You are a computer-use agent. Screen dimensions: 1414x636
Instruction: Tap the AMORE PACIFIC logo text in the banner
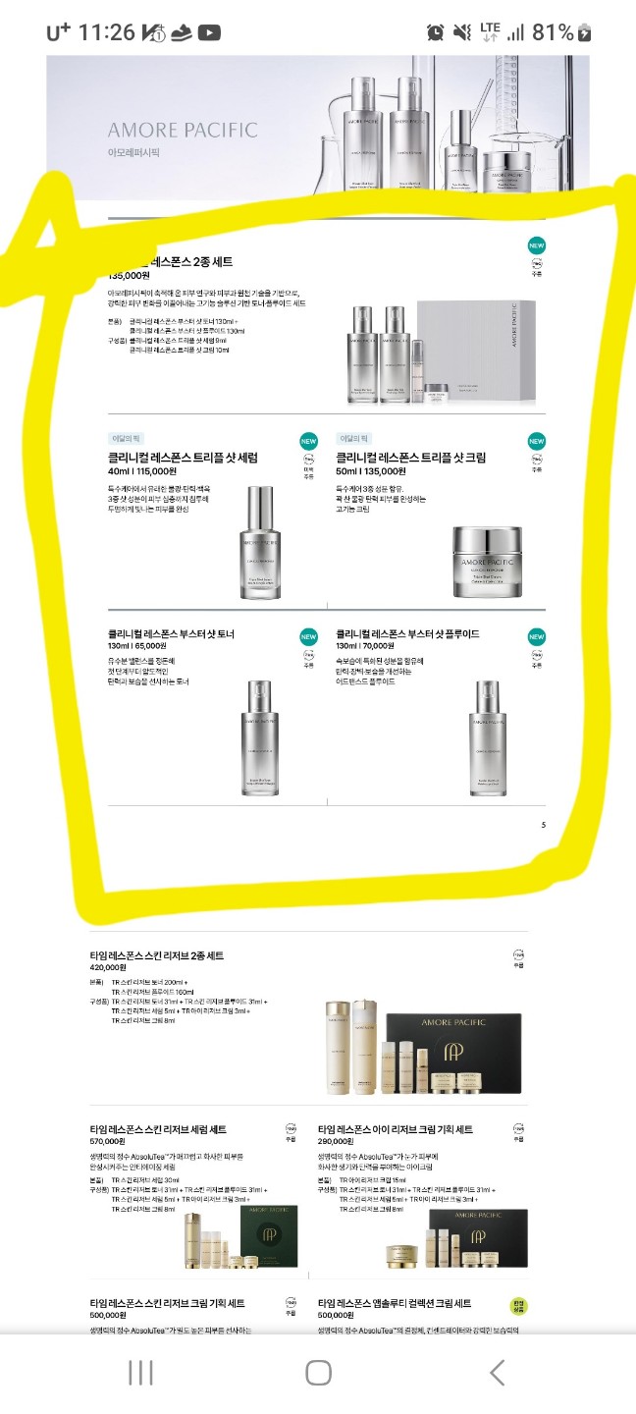[183, 130]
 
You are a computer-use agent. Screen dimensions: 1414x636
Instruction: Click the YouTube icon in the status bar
[209, 32]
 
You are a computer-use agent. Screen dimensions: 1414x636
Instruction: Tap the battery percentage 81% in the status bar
[553, 32]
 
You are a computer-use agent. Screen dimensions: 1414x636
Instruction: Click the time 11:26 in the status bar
[106, 32]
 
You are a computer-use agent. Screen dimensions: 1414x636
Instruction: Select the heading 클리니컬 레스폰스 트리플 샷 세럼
[184, 458]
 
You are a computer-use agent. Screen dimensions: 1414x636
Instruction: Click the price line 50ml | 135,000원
[382, 472]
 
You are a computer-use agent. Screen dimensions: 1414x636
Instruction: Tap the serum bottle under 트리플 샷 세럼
[261, 541]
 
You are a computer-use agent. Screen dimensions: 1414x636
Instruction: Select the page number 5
[544, 825]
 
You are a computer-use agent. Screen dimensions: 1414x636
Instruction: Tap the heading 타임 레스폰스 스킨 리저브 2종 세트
[157, 955]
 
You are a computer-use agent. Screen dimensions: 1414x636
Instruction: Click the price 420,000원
[111, 967]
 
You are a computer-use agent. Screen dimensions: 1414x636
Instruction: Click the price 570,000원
[107, 1142]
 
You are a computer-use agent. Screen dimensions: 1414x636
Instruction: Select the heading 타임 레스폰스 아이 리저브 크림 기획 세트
[396, 1130]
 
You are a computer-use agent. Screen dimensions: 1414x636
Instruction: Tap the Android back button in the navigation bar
[497, 1372]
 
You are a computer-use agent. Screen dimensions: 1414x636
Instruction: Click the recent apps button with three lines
[140, 1372]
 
